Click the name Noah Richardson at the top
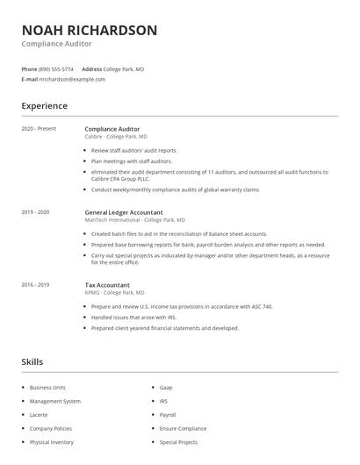90,31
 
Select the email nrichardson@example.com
72,79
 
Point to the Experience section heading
44,106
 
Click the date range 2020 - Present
39,129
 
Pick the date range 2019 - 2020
36,212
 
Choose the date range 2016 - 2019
36,285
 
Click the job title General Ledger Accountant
125,212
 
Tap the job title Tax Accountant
107,285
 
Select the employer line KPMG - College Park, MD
114,292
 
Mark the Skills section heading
32,361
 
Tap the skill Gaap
166,387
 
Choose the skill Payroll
168,415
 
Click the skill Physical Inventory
52,442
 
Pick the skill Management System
54,401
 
